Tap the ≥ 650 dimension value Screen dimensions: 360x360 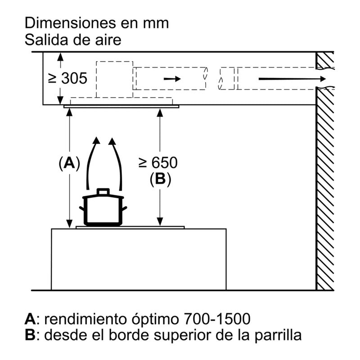point(158,162)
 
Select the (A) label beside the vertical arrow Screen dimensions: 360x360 point(69,163)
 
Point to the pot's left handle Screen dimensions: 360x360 point(82,208)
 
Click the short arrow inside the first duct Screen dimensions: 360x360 point(172,79)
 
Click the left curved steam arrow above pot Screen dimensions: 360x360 point(91,162)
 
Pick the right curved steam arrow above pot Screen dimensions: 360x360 point(118,162)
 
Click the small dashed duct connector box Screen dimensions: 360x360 point(227,79)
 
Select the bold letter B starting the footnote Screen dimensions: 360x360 point(30,335)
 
